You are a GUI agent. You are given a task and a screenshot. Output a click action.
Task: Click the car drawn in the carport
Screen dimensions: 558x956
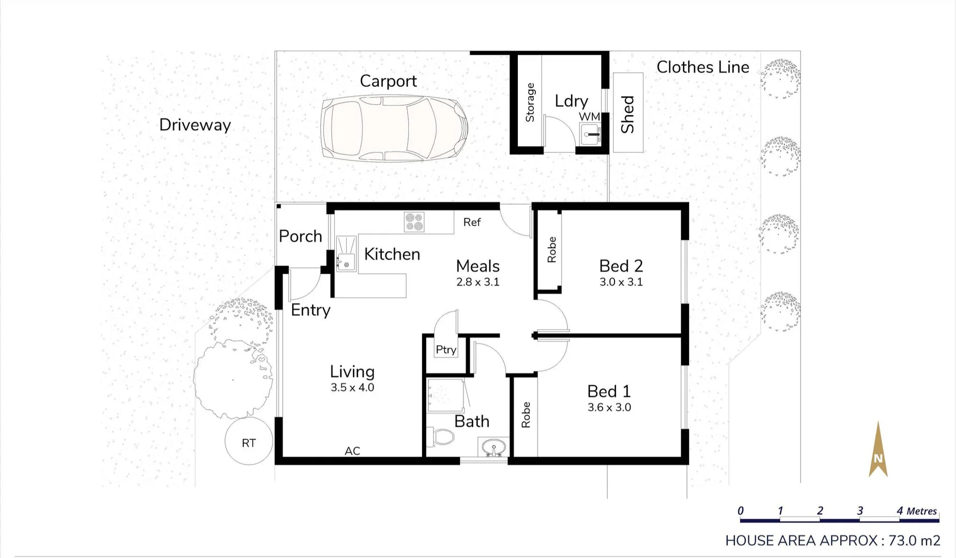[x=394, y=129]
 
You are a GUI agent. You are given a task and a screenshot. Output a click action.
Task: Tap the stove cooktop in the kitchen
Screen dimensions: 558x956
[x=414, y=222]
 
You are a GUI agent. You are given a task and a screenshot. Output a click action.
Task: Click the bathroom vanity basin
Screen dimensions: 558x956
[x=494, y=447]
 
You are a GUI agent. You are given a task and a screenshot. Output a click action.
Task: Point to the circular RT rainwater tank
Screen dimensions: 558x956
[x=249, y=442]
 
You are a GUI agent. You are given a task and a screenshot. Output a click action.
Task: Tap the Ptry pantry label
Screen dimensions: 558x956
[x=446, y=350]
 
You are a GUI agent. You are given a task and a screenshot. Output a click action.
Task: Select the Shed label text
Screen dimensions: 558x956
[x=628, y=114]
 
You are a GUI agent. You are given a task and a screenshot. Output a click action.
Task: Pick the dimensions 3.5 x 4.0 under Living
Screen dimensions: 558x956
[x=352, y=388]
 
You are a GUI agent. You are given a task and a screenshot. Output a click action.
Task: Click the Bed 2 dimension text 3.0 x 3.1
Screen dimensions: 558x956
[x=621, y=282]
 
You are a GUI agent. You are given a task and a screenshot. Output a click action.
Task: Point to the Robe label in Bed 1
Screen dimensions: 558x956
[x=526, y=415]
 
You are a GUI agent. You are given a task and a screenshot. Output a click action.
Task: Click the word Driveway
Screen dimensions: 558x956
[x=195, y=125]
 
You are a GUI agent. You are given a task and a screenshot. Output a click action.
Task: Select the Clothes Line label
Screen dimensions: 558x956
[x=703, y=67]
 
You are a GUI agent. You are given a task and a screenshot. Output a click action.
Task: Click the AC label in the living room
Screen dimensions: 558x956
[x=352, y=451]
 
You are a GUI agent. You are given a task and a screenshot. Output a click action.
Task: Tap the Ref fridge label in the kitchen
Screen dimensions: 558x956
[x=472, y=222]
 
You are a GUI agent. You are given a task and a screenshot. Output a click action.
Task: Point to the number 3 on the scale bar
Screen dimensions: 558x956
[x=860, y=510]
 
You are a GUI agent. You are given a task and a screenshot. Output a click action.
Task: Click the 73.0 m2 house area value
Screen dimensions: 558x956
[x=914, y=540]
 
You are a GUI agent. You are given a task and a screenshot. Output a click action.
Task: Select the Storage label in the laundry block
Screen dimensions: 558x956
[x=530, y=102]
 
